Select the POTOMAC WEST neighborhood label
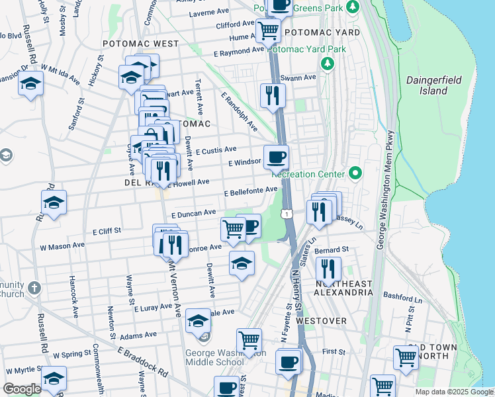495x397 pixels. pyautogui.click(x=140, y=44)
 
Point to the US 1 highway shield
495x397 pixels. pyautogui.click(x=286, y=214)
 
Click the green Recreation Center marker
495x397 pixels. pyautogui.click(x=355, y=173)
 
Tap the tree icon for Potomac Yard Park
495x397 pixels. pyautogui.click(x=326, y=64)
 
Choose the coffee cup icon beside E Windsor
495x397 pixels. pyautogui.click(x=276, y=157)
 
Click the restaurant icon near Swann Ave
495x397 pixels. pyautogui.click(x=272, y=95)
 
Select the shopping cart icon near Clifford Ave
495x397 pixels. pyautogui.click(x=268, y=30)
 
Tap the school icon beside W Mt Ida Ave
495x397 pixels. pyautogui.click(x=30, y=83)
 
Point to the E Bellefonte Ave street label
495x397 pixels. pyautogui.click(x=250, y=192)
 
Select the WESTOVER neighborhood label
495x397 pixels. pyautogui.click(x=322, y=321)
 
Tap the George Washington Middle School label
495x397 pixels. pyautogui.click(x=211, y=357)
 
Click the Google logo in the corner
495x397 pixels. pyautogui.click(x=22, y=389)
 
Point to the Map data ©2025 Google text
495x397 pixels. pyautogui.click(x=454, y=392)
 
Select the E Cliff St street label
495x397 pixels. pyautogui.click(x=107, y=232)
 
